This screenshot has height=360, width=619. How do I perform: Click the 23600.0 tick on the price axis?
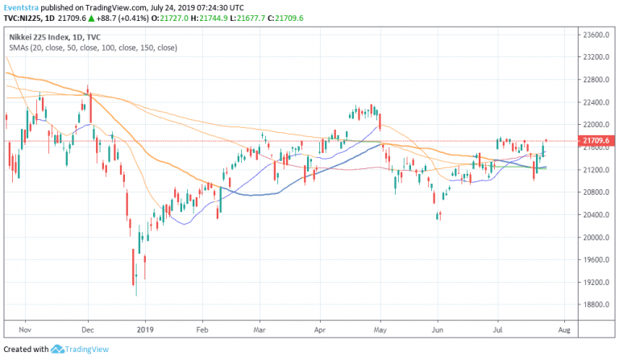(594, 35)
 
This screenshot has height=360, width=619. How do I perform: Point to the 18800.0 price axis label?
(594, 304)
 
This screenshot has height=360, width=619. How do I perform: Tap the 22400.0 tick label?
(594, 102)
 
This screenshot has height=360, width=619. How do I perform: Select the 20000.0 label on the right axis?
(594, 237)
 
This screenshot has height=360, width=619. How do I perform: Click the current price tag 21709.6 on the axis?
(594, 141)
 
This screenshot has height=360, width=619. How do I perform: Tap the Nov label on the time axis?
(24, 329)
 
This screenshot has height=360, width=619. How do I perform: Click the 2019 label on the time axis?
(144, 329)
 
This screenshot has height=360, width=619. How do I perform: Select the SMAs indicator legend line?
(93, 48)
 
